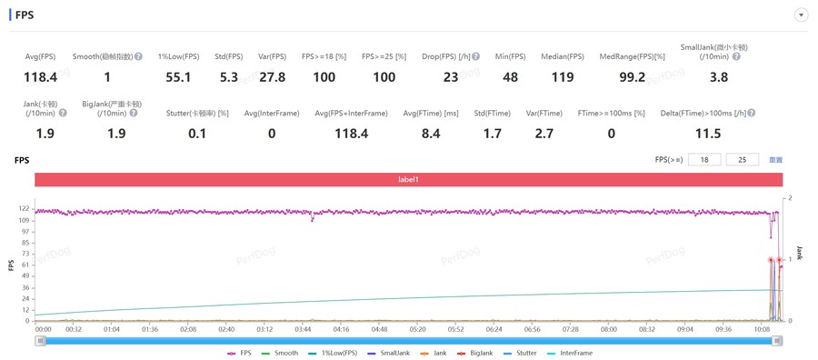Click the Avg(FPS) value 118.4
click(40, 77)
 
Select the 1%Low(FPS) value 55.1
click(178, 77)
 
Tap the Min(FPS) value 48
click(510, 77)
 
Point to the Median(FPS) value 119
click(563, 77)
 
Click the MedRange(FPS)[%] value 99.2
click(633, 77)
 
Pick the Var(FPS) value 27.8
click(273, 77)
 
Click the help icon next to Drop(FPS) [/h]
click(475, 56)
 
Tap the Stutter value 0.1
click(197, 134)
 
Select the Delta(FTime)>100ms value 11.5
click(708, 134)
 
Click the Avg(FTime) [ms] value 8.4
click(431, 134)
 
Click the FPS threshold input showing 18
click(704, 160)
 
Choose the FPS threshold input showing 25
click(742, 160)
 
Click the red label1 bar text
click(408, 179)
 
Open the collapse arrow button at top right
click(801, 15)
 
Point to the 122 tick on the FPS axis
click(25, 209)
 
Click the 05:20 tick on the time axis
click(417, 329)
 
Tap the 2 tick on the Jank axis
click(791, 198)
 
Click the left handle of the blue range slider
click(40, 341)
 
